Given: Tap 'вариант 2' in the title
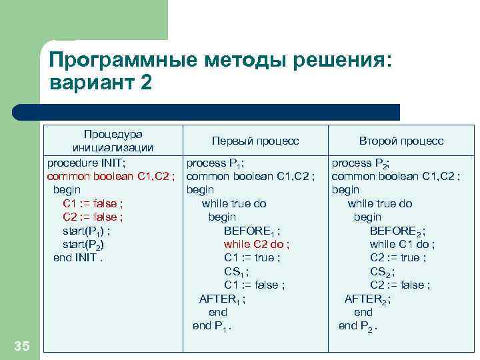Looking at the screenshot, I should pyautogui.click(x=101, y=83).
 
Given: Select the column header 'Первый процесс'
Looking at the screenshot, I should pyautogui.click(x=255, y=141).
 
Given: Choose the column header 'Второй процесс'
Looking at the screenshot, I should pyautogui.click(x=401, y=141).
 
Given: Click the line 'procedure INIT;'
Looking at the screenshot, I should pyautogui.click(x=86, y=163).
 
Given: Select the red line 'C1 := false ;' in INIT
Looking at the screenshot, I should pyautogui.click(x=92, y=203).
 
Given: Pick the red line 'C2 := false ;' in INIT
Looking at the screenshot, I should pyautogui.click(x=92, y=217).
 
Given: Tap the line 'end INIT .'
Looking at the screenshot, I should pyautogui.click(x=79, y=258).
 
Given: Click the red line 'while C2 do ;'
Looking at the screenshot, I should pyautogui.click(x=257, y=244).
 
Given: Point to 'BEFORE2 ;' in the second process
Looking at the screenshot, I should pyautogui.click(x=398, y=231).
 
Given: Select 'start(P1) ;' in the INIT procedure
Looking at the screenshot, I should pyautogui.click(x=86, y=231).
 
